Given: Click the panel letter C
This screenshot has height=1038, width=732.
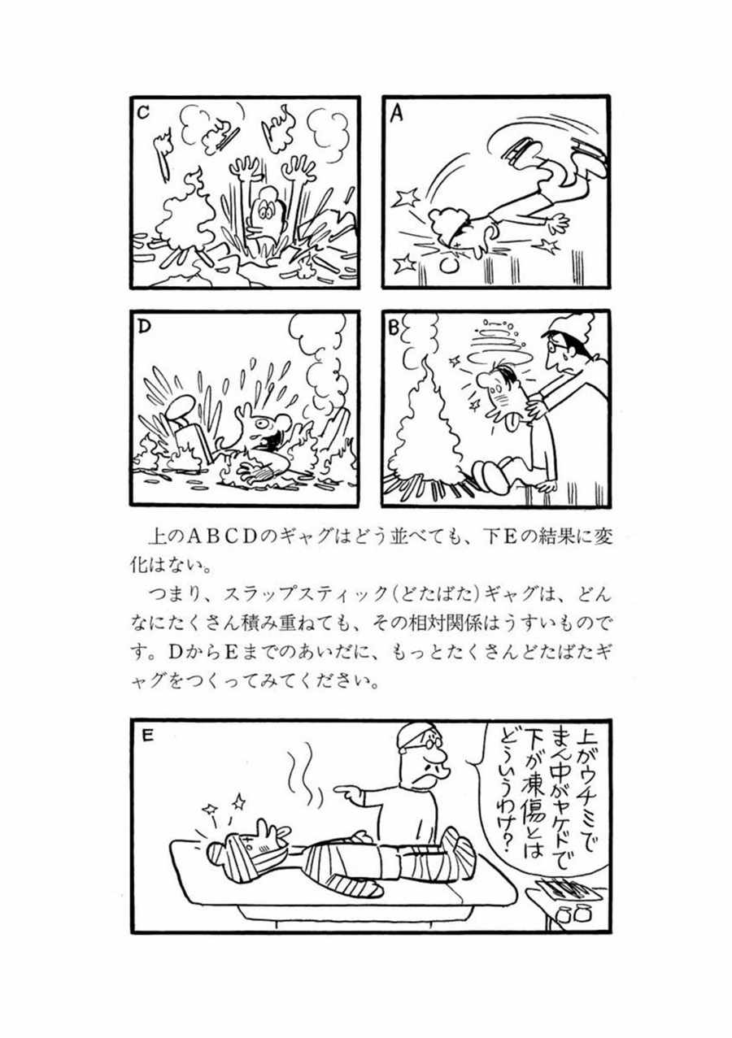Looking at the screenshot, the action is tap(144, 113).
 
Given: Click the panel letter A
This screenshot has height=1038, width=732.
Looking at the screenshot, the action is tap(397, 114).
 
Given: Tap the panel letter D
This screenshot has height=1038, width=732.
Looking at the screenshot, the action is tap(145, 327).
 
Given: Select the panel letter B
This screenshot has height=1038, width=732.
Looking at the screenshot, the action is tap(393, 328).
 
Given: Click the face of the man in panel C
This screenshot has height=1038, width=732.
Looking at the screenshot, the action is tap(264, 212).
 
